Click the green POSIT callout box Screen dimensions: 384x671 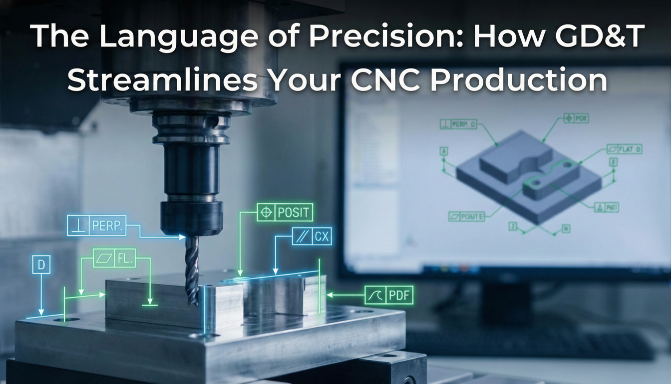coord(284,212)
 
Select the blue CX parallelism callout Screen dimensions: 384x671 coord(312,236)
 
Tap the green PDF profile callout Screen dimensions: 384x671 coord(389,295)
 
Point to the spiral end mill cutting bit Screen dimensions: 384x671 coord(192,270)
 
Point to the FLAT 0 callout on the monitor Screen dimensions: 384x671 coord(625,149)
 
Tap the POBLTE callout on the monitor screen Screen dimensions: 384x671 coord(466,216)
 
